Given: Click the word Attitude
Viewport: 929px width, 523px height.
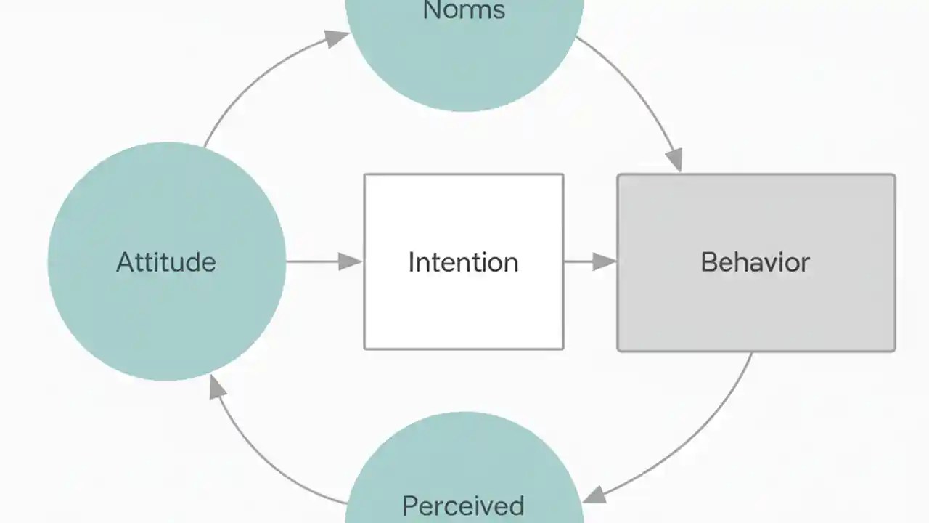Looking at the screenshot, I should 166,262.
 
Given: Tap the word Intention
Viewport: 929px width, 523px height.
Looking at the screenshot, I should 463,262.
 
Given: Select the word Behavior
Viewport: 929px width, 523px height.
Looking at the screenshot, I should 755,262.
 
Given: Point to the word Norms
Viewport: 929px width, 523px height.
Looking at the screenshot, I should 464,10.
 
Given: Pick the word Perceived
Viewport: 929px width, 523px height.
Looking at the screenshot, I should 463,506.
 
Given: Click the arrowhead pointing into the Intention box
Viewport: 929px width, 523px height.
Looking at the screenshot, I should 351,261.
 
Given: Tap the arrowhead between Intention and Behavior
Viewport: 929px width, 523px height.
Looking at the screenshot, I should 605,261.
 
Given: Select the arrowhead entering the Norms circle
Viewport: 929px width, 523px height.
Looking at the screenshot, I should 336,38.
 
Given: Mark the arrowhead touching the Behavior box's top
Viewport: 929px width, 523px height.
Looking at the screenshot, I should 674,159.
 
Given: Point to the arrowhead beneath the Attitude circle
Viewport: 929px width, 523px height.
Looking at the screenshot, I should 216,388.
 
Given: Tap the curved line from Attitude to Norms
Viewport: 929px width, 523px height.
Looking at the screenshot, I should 254,80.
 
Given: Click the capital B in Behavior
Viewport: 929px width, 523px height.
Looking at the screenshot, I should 709,262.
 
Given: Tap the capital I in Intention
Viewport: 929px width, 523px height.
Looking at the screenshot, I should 412,262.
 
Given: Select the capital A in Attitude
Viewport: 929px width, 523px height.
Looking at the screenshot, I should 126,262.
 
